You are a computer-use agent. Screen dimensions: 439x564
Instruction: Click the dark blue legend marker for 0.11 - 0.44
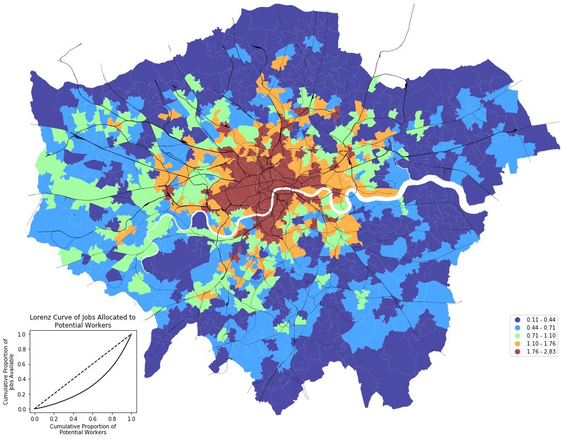(517, 320)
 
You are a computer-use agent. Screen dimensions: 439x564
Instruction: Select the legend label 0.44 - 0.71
(541, 328)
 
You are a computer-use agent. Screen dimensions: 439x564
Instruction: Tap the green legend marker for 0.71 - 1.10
(517, 336)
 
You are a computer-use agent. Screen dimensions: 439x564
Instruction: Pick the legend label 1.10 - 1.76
(541, 344)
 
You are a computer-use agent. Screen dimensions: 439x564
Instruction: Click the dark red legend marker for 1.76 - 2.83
(517, 352)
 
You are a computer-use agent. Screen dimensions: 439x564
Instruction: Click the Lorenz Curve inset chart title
(83, 321)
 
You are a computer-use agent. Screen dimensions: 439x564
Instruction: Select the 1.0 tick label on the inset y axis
(22, 334)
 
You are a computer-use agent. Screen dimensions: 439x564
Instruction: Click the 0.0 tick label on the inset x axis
(35, 419)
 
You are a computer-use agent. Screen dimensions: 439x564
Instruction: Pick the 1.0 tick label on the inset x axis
(131, 419)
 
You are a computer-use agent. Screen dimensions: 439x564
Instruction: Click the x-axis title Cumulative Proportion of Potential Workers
(83, 429)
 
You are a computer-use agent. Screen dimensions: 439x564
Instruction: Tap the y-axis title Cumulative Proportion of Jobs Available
(10, 371)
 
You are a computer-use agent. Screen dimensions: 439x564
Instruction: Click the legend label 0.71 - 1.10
(541, 336)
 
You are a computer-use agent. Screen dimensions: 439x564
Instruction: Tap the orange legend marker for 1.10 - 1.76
(517, 344)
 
